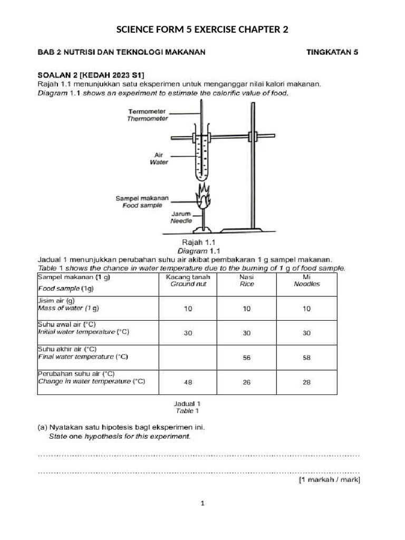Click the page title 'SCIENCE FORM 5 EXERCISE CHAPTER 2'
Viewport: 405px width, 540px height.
[202, 30]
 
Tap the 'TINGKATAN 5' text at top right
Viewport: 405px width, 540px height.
[332, 52]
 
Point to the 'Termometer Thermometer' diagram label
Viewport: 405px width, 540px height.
[147, 115]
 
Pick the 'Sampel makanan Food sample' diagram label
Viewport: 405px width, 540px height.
[142, 201]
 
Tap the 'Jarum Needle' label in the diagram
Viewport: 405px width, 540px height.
[181, 218]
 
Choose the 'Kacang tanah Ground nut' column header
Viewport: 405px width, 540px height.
[188, 280]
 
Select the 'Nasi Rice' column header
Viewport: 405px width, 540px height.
[246, 280]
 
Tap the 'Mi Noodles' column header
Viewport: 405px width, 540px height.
[306, 280]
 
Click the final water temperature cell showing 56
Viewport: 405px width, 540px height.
[246, 358]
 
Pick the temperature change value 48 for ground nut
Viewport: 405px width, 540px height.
[188, 382]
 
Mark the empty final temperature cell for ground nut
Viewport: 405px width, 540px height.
[188, 358]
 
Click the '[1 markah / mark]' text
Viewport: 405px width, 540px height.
[329, 480]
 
